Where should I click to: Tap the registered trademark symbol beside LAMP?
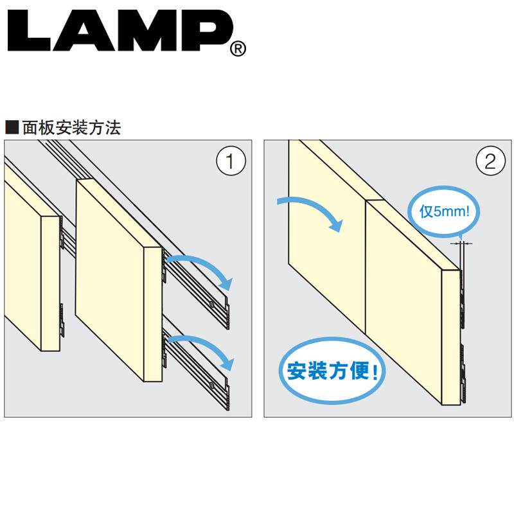pyautogui.click(x=237, y=49)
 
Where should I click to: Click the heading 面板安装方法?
pyautogui.click(x=71, y=127)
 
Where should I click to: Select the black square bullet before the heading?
pyautogui.click(x=12, y=127)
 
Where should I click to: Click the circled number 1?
pyautogui.click(x=229, y=161)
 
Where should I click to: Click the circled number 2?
pyautogui.click(x=490, y=161)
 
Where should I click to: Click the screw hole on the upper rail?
pyautogui.click(x=211, y=303)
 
